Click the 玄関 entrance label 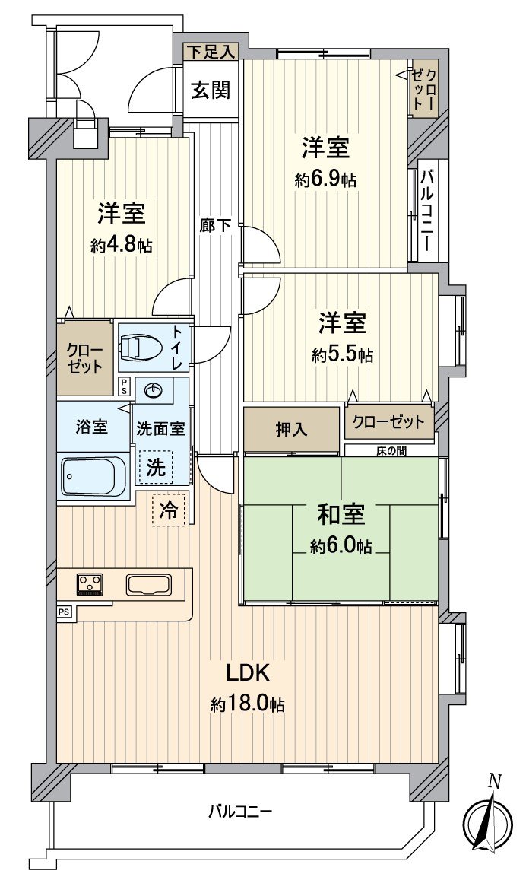(x=211, y=90)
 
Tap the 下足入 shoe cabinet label (x=211, y=52)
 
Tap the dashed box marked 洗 (x=156, y=467)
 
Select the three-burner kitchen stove (x=90, y=584)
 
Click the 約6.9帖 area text (x=325, y=180)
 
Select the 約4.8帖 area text (x=121, y=245)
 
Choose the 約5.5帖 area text (x=342, y=354)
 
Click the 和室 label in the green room (x=341, y=515)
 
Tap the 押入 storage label (x=291, y=429)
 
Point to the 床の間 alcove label (x=391, y=450)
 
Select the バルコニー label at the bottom (x=240, y=812)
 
